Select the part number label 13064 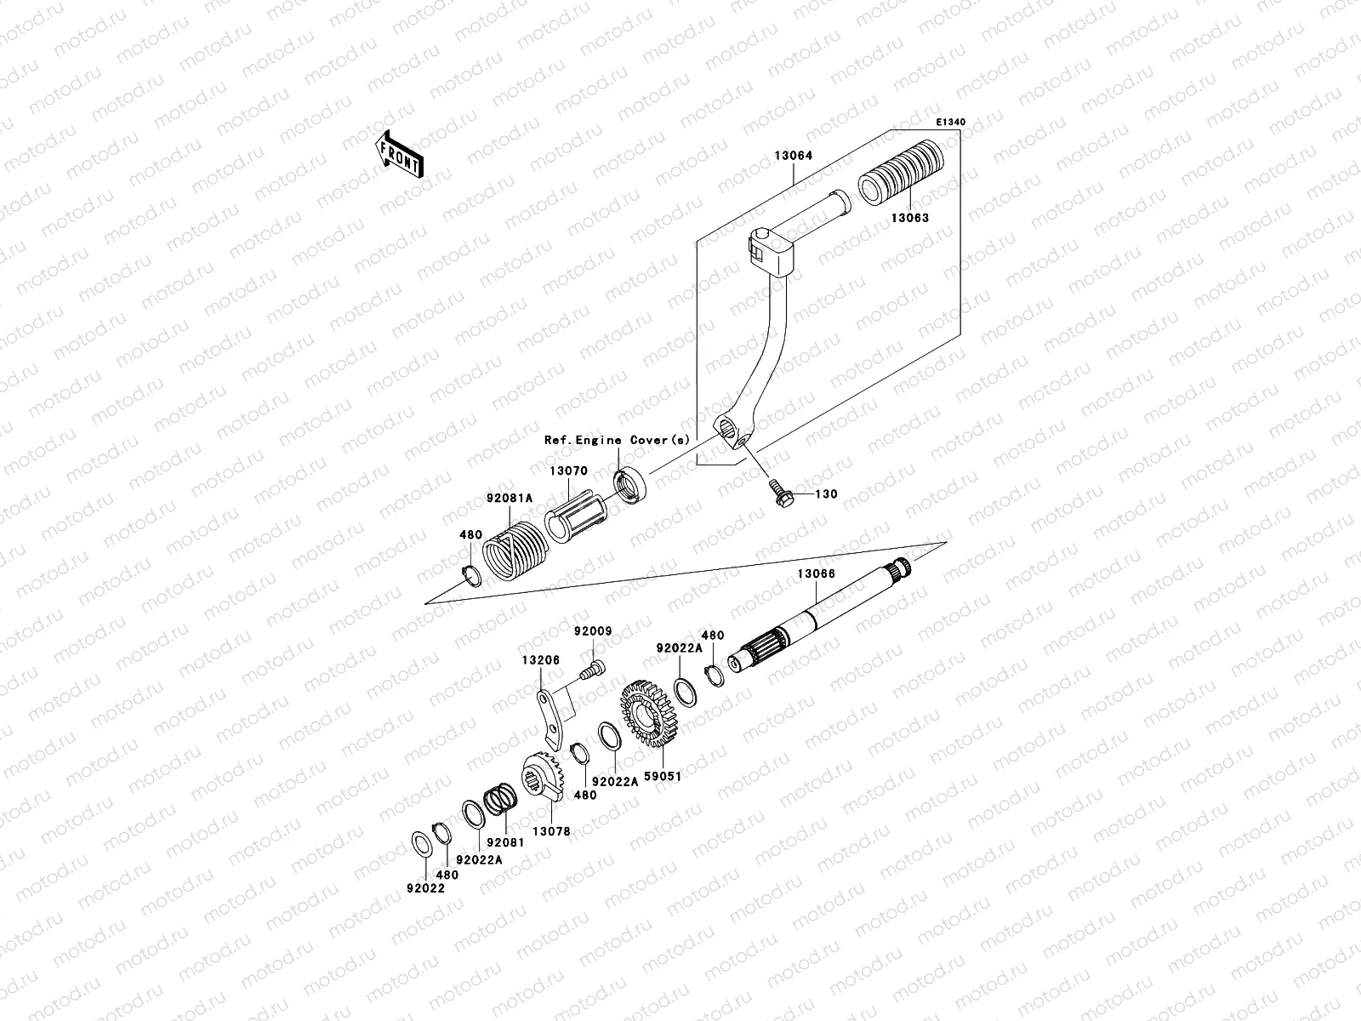coord(793,157)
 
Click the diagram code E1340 coord(951,123)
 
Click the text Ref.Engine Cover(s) coord(618,440)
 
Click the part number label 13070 coord(568,471)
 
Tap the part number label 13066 coord(816,573)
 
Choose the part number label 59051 coord(663,776)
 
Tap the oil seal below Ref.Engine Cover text coord(630,487)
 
